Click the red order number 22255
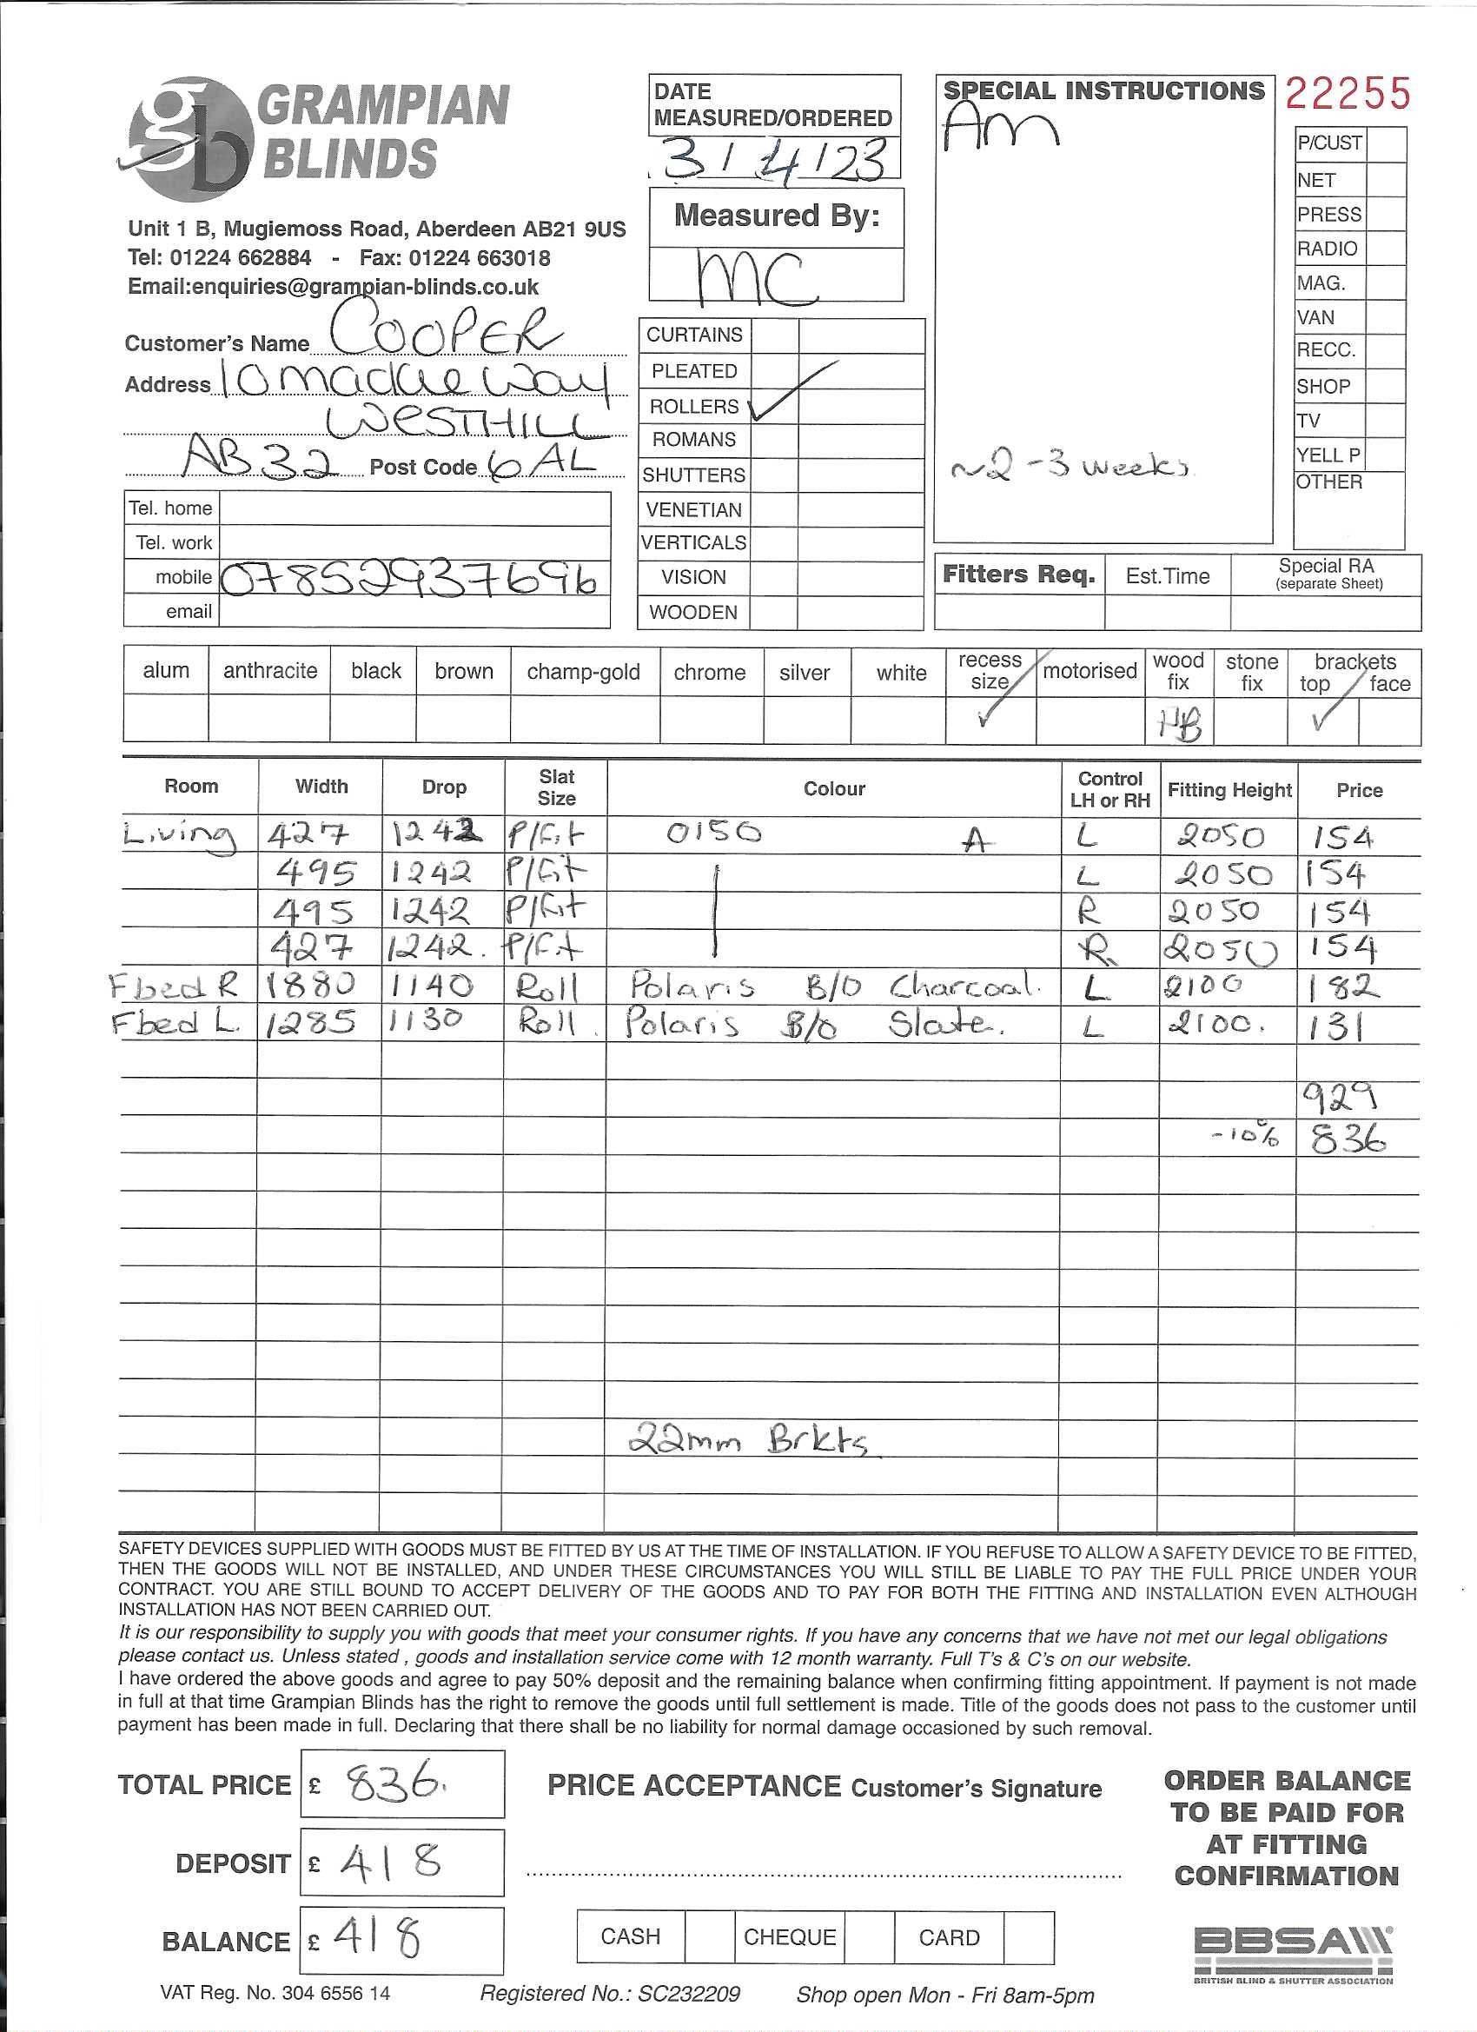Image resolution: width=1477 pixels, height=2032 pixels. click(x=1348, y=94)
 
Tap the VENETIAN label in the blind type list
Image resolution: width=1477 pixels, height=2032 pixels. click(x=693, y=510)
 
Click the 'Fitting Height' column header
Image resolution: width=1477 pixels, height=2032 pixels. click(x=1229, y=789)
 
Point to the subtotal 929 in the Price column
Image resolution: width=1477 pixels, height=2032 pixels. click(x=1339, y=1096)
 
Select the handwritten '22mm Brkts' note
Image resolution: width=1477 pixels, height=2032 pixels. click(x=748, y=1441)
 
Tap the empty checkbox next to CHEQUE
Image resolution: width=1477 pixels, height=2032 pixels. click(x=869, y=1938)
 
